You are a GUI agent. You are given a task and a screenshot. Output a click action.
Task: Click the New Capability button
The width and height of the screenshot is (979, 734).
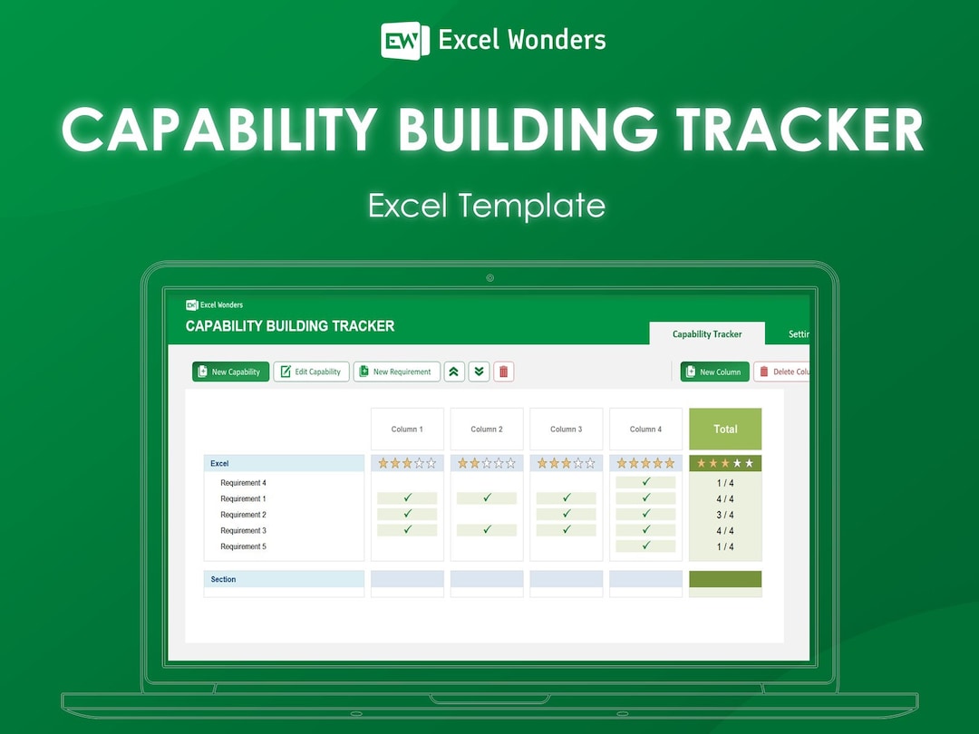pyautogui.click(x=230, y=372)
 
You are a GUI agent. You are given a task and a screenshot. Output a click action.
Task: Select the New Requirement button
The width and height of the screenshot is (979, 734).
pyautogui.click(x=396, y=372)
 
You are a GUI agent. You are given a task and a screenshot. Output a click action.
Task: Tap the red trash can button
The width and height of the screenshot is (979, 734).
pyautogui.click(x=504, y=372)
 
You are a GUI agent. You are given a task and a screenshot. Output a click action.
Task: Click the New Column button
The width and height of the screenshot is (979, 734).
pyautogui.click(x=714, y=372)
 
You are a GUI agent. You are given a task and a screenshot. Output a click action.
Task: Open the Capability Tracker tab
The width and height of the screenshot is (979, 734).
pyautogui.click(x=707, y=334)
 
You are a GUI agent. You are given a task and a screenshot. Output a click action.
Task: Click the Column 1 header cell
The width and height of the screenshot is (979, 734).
pyautogui.click(x=407, y=429)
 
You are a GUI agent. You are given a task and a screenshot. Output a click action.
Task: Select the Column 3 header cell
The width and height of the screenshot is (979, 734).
pyautogui.click(x=567, y=429)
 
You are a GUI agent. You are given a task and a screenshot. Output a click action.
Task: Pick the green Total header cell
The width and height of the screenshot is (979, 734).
pyautogui.click(x=725, y=429)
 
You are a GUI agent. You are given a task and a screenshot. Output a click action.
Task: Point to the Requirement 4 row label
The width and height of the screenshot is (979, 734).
pyautogui.click(x=243, y=483)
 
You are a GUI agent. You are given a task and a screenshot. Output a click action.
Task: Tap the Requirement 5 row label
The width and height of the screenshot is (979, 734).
pyautogui.click(x=243, y=546)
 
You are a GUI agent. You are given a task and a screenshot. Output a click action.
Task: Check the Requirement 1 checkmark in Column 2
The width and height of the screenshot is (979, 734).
pyautogui.click(x=487, y=498)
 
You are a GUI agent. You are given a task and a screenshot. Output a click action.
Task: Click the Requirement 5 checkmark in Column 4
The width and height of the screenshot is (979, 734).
pyautogui.click(x=645, y=546)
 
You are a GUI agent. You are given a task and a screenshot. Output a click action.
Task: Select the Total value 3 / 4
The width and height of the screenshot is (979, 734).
pyautogui.click(x=725, y=515)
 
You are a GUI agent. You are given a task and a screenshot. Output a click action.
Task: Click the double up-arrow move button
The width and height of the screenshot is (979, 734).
pyautogui.click(x=454, y=372)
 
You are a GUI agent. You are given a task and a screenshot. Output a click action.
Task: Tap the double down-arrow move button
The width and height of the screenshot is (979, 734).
pyautogui.click(x=479, y=372)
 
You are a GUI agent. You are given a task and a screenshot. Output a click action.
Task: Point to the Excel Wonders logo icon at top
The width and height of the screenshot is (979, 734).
pyautogui.click(x=404, y=40)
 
